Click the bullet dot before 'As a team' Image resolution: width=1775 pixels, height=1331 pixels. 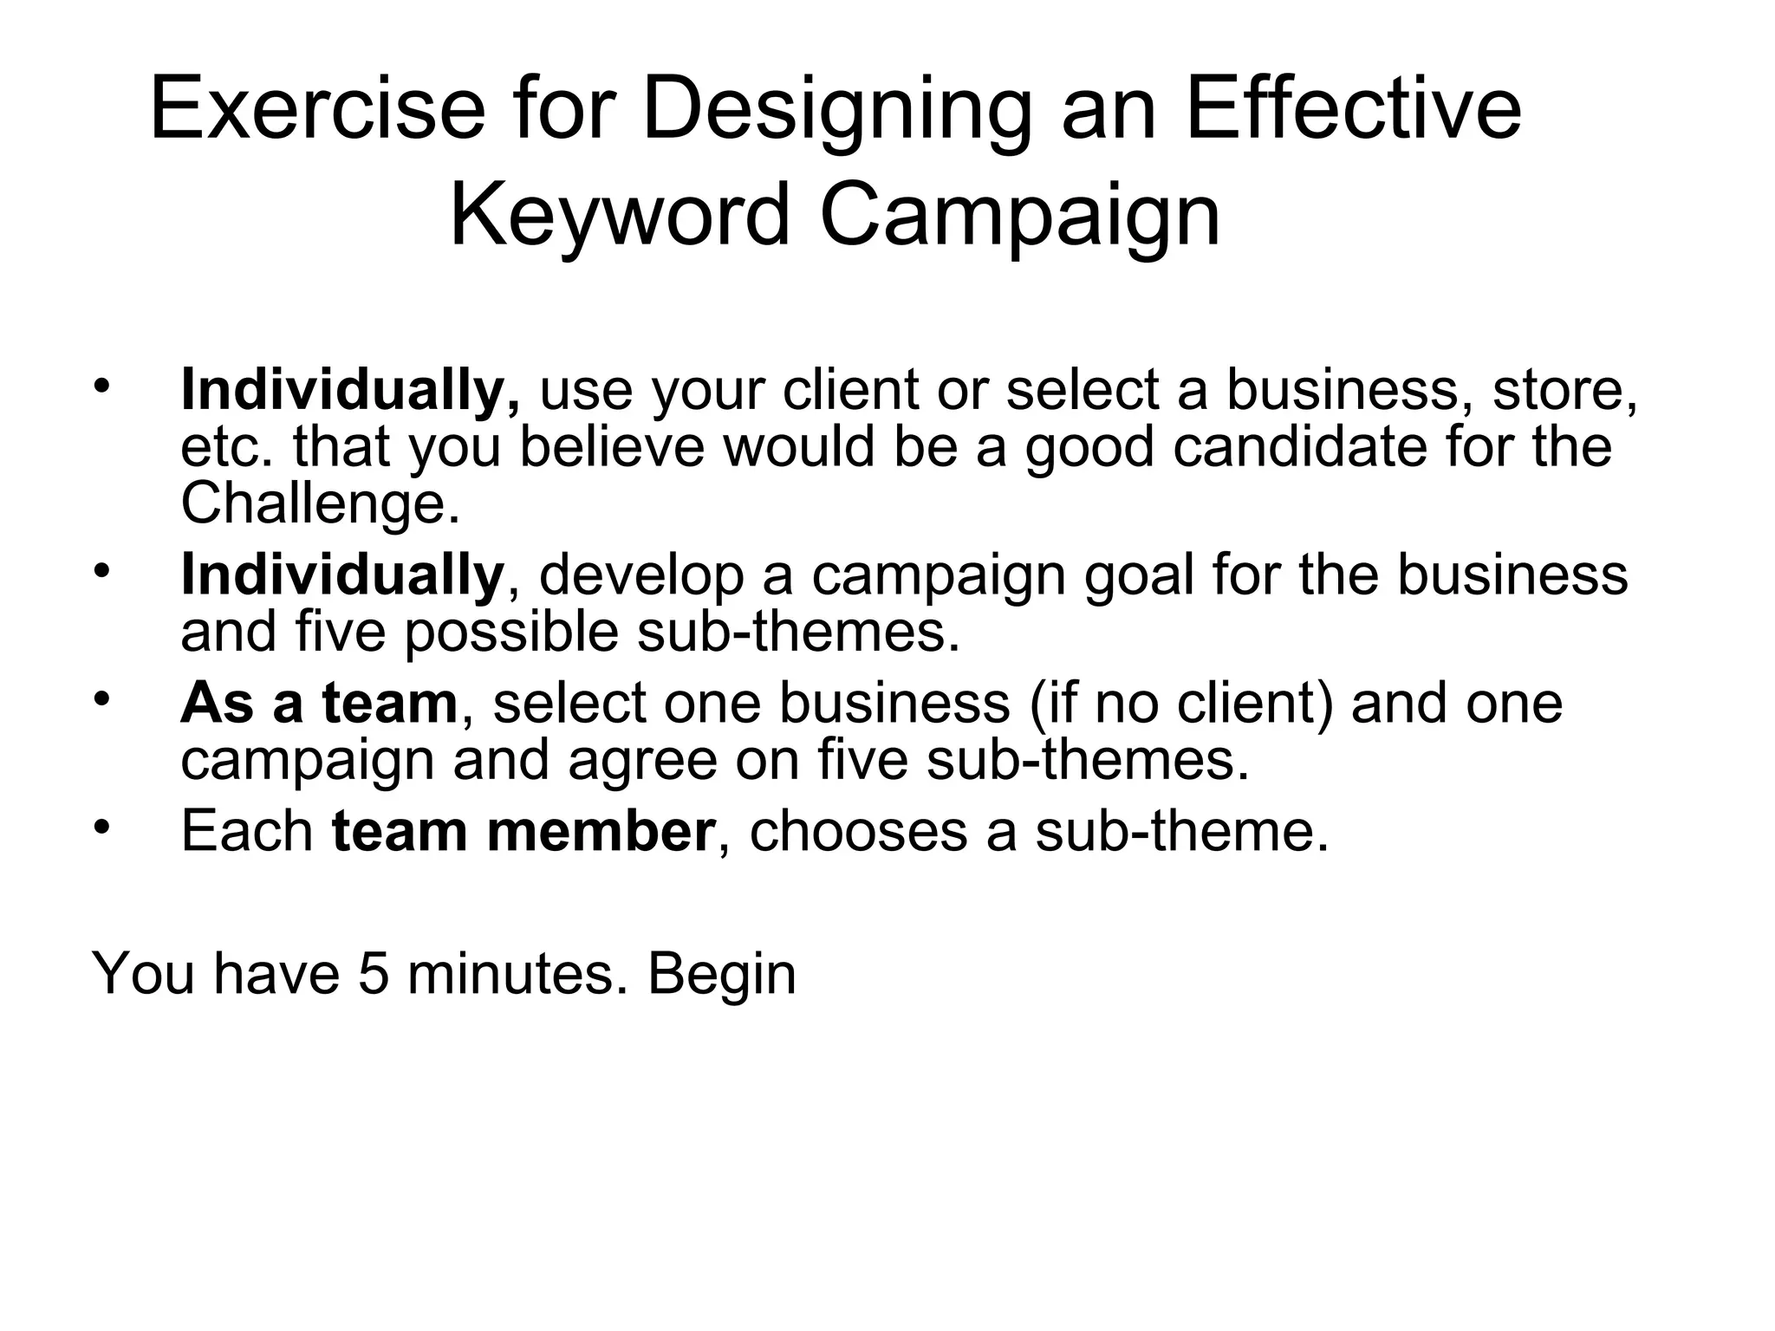(x=102, y=697)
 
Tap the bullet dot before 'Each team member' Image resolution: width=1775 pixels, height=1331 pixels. (x=102, y=827)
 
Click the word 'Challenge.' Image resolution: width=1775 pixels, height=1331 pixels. (x=320, y=504)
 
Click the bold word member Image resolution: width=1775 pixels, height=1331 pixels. (x=601, y=832)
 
